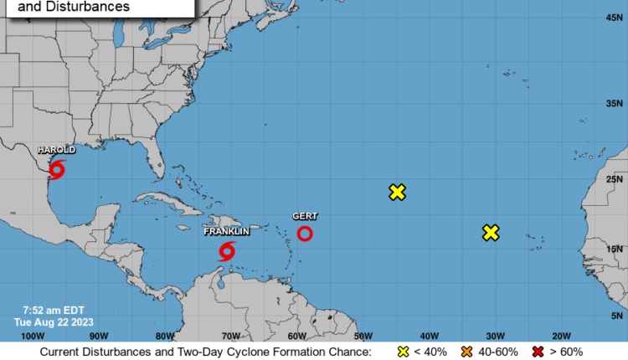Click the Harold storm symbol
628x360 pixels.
[x=57, y=170]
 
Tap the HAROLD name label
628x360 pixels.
[x=56, y=150]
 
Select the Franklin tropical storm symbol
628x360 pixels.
[x=227, y=250]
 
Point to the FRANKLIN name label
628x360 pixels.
[x=226, y=231]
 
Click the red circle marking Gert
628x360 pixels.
[x=306, y=234]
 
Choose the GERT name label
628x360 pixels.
[x=305, y=216]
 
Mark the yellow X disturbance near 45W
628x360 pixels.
[x=398, y=192]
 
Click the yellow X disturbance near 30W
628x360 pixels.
[x=491, y=232]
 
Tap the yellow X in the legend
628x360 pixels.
[x=403, y=352]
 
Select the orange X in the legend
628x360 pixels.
[x=467, y=352]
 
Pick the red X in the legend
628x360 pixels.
[x=538, y=352]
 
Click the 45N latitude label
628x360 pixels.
[x=613, y=18]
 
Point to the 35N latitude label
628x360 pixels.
[x=613, y=103]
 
